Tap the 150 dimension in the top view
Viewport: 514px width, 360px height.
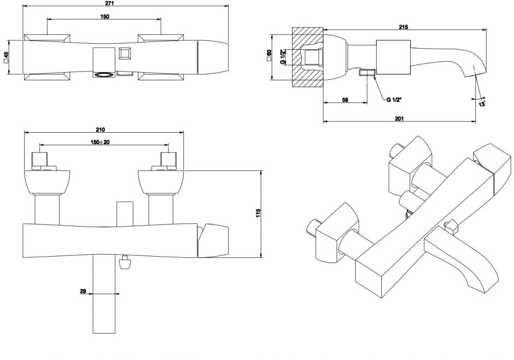104,16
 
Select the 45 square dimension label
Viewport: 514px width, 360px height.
6,57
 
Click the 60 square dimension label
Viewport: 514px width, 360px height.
268,57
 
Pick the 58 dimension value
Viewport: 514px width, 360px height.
345,99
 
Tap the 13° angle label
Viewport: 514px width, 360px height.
482,102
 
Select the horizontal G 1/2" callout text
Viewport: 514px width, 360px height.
394,99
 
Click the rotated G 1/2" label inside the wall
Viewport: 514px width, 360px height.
283,56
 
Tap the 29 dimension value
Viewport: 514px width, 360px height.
83,292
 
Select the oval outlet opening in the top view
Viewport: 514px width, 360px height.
102,74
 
